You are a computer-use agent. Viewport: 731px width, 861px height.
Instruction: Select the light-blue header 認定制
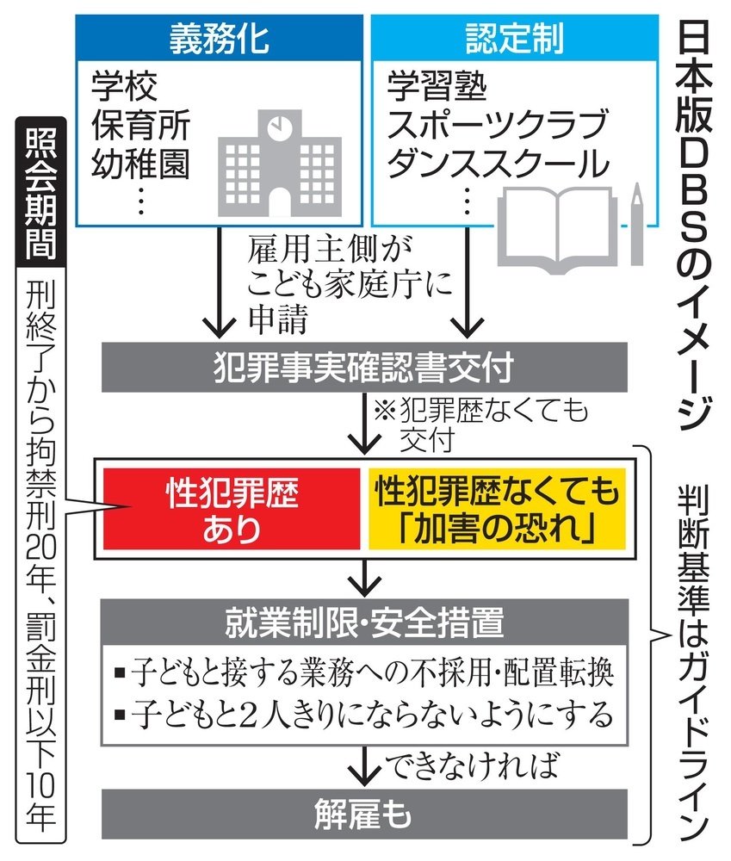(514, 36)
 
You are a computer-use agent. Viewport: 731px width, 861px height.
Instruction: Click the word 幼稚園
(140, 163)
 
